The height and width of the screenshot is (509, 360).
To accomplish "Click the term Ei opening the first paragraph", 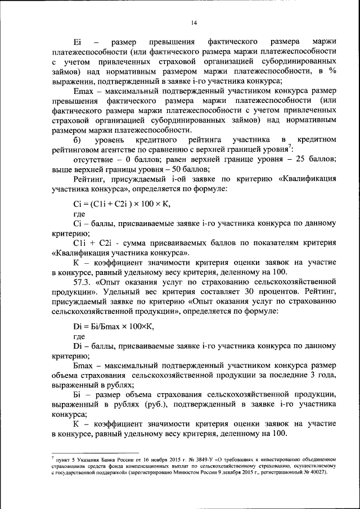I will (x=77, y=42).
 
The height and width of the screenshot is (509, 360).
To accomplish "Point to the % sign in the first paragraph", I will (x=332, y=71).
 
